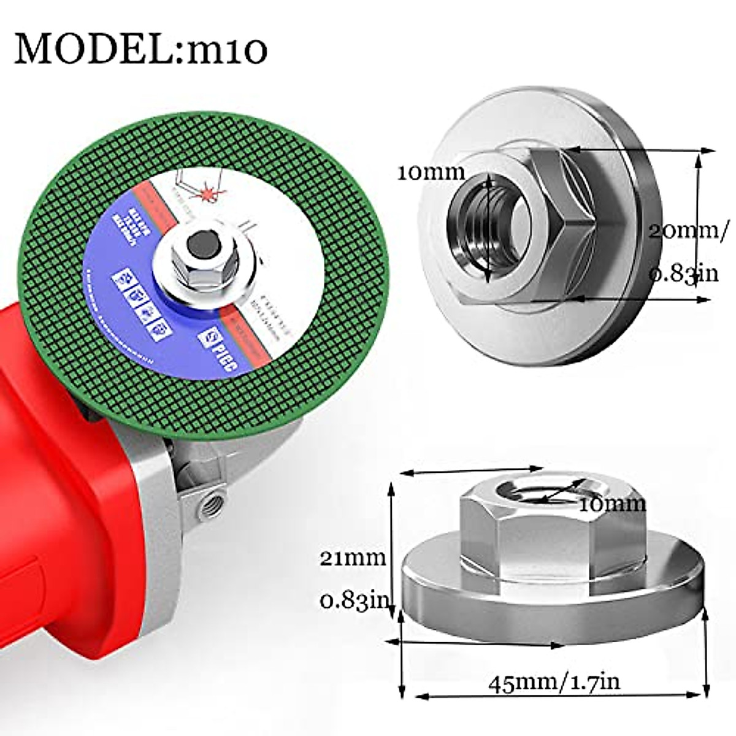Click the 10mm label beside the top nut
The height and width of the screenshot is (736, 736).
(431, 172)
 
